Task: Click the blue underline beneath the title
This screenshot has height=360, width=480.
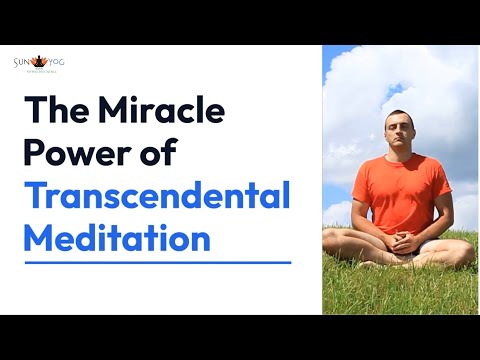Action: click(157, 263)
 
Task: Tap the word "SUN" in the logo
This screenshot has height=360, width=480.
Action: click(24, 62)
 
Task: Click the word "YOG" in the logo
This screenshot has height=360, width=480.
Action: click(57, 62)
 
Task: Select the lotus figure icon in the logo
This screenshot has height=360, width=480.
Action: click(40, 59)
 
